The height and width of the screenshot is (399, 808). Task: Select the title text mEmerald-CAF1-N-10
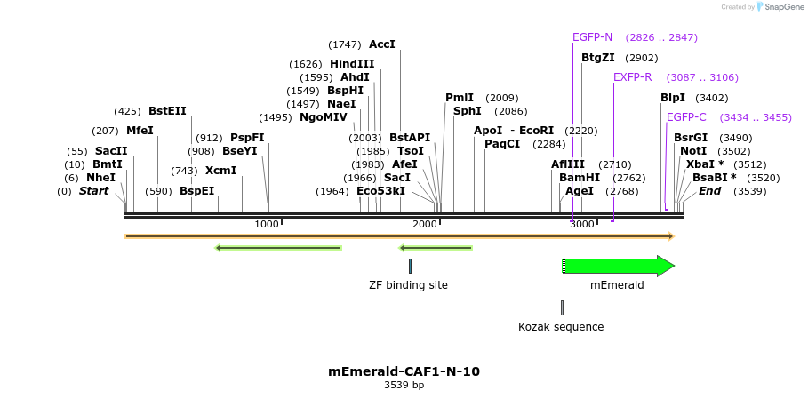click(x=404, y=371)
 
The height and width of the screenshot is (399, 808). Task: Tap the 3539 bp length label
click(x=404, y=386)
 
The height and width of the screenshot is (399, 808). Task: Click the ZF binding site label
click(x=408, y=285)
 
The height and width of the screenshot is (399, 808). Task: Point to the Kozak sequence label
click(x=561, y=327)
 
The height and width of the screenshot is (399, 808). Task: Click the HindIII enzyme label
click(x=352, y=64)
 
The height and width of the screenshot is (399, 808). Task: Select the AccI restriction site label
click(x=381, y=44)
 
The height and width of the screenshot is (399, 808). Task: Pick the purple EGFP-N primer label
click(x=592, y=37)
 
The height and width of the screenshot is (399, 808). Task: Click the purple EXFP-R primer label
click(x=632, y=77)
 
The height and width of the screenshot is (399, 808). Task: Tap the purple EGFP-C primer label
click(x=686, y=117)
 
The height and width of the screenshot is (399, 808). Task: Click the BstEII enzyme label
click(x=167, y=111)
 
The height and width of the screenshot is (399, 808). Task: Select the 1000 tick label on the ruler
click(x=267, y=224)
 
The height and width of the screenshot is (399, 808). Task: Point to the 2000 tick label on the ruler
click(x=424, y=224)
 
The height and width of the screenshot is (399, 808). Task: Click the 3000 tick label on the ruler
click(x=581, y=224)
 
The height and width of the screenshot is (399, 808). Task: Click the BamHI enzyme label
click(x=580, y=178)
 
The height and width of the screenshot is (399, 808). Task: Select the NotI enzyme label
click(x=693, y=151)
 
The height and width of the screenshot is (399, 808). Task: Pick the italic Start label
click(x=93, y=191)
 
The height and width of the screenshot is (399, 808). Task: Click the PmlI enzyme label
click(x=460, y=98)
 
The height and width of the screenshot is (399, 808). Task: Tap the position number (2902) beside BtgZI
click(x=642, y=58)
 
